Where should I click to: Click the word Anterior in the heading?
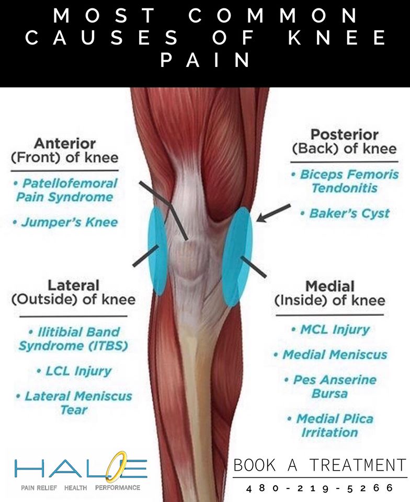(x=64, y=143)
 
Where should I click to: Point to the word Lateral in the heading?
(x=73, y=286)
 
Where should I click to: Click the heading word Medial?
(x=329, y=287)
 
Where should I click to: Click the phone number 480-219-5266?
(x=320, y=488)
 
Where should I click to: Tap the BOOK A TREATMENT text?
(x=320, y=465)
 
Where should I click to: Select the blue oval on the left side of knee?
(x=157, y=251)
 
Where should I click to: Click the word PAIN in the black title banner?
(x=205, y=61)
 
